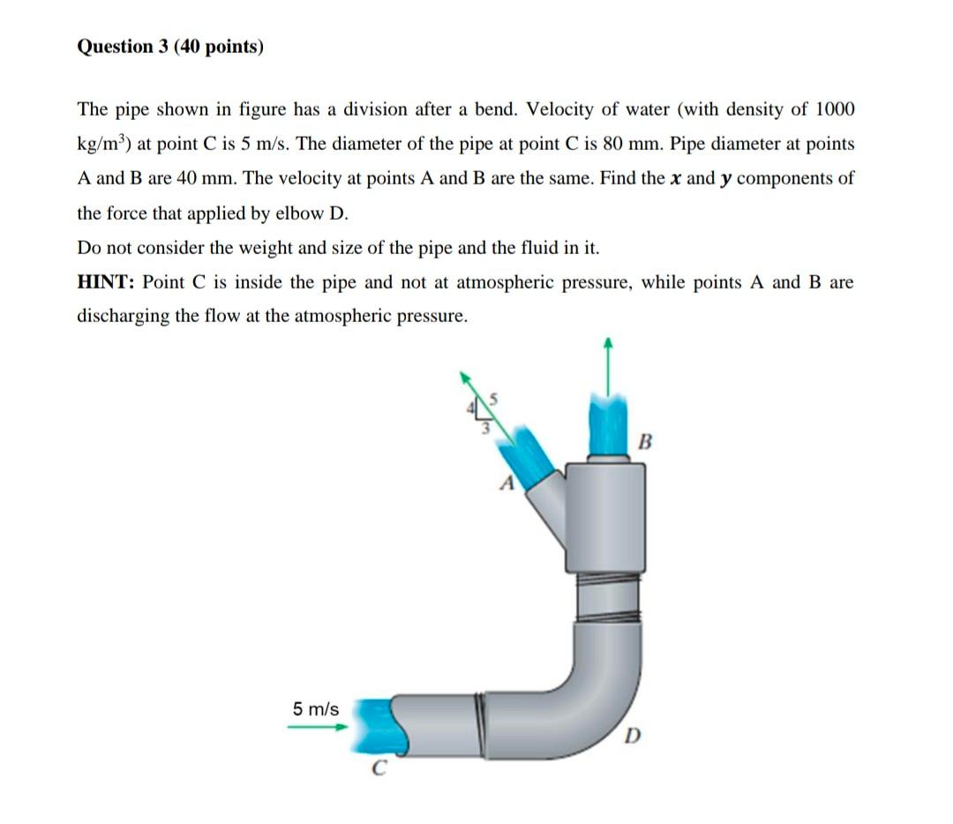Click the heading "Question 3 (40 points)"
point(170,47)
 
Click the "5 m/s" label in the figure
point(316,708)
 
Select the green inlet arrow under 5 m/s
point(318,726)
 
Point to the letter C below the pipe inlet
point(379,768)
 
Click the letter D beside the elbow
point(632,736)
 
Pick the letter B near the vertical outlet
point(645,441)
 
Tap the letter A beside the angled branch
point(507,483)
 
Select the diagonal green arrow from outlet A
point(487,407)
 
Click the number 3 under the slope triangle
point(485,429)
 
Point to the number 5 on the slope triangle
point(493,400)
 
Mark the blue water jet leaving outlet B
point(608,424)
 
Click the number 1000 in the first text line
point(835,109)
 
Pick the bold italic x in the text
point(675,179)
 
